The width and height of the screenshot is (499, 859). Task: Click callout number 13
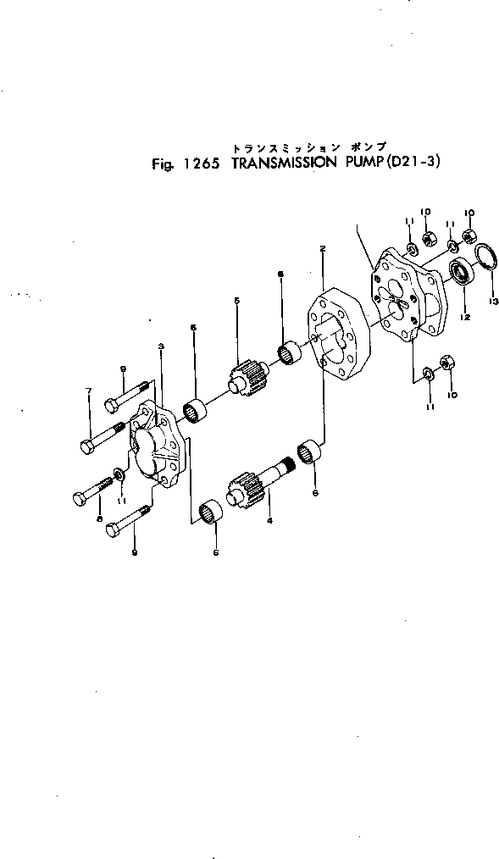pos(493,300)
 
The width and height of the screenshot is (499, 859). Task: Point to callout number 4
pos(269,519)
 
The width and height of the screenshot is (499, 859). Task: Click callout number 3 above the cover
pos(161,346)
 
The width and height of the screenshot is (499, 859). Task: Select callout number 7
pos(88,391)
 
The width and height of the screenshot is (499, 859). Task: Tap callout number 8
pos(99,518)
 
